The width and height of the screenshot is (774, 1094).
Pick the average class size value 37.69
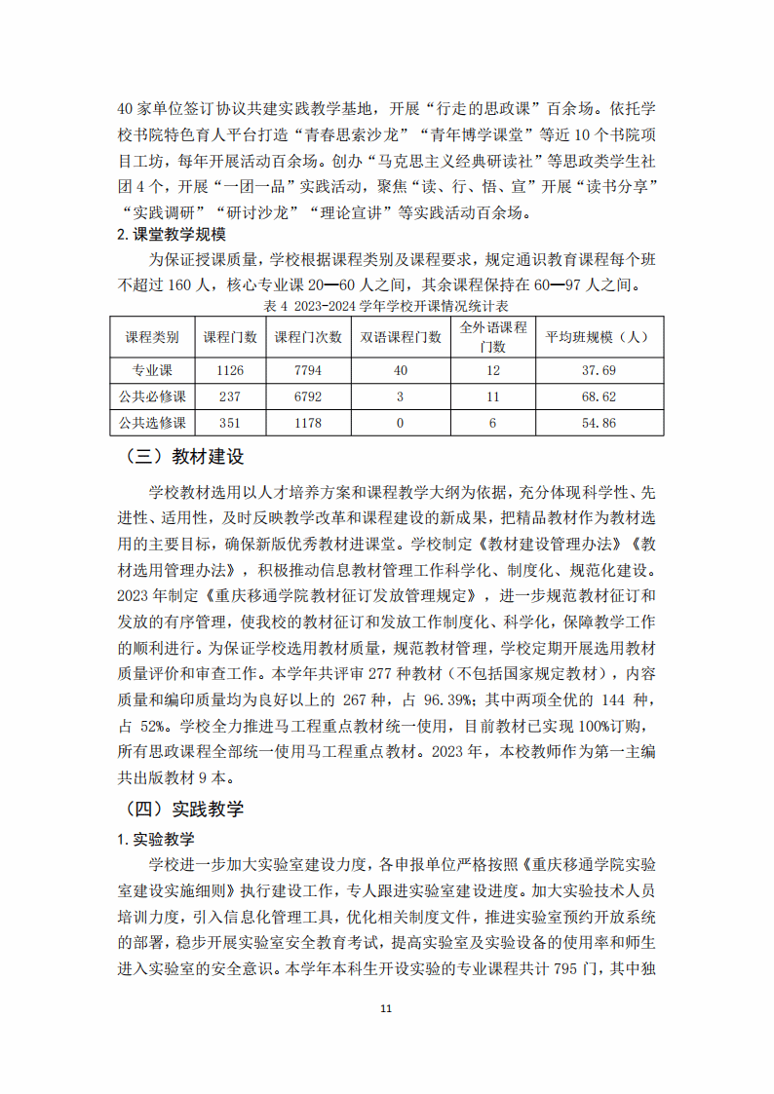click(599, 370)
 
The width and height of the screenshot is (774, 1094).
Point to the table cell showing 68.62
click(599, 396)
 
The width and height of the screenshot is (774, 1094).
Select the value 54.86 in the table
click(599, 423)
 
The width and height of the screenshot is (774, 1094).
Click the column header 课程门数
click(230, 337)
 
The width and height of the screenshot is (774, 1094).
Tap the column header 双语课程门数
click(402, 337)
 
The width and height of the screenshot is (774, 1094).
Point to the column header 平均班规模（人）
click(599, 337)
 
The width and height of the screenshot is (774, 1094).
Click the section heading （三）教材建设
click(184, 457)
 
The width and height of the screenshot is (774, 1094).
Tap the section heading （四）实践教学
click(184, 809)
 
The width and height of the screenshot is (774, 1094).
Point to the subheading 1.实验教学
click(156, 839)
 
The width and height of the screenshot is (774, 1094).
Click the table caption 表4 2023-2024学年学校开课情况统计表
click(387, 306)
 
